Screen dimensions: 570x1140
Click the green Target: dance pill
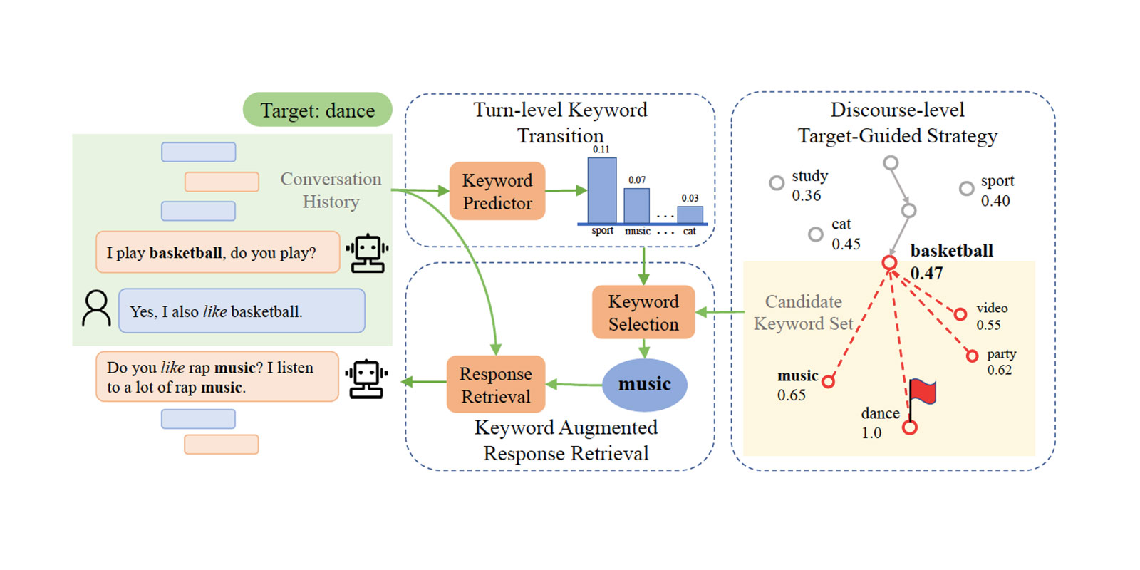[x=318, y=110]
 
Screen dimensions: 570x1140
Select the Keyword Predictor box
[x=497, y=191]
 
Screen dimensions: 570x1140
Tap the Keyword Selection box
[x=643, y=312]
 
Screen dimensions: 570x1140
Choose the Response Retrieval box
[x=496, y=385]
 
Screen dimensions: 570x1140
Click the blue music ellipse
[x=645, y=385]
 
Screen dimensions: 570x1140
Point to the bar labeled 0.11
[x=602, y=190]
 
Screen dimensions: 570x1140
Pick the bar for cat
[x=690, y=214]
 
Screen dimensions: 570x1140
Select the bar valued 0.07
[x=637, y=205]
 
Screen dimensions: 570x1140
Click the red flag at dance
[x=923, y=393]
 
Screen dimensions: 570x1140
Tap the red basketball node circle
[x=889, y=263]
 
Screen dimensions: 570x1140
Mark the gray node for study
[x=777, y=183]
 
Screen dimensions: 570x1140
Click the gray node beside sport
[x=966, y=188]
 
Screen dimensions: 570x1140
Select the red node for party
[x=972, y=356]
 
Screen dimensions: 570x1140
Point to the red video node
[x=960, y=314]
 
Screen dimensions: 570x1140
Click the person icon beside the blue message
[x=96, y=309]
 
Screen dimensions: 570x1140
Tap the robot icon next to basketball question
[x=367, y=253]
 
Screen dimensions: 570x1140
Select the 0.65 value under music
[x=792, y=395]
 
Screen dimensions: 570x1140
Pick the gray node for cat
[x=816, y=234]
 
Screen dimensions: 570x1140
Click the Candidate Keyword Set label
[x=803, y=313]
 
